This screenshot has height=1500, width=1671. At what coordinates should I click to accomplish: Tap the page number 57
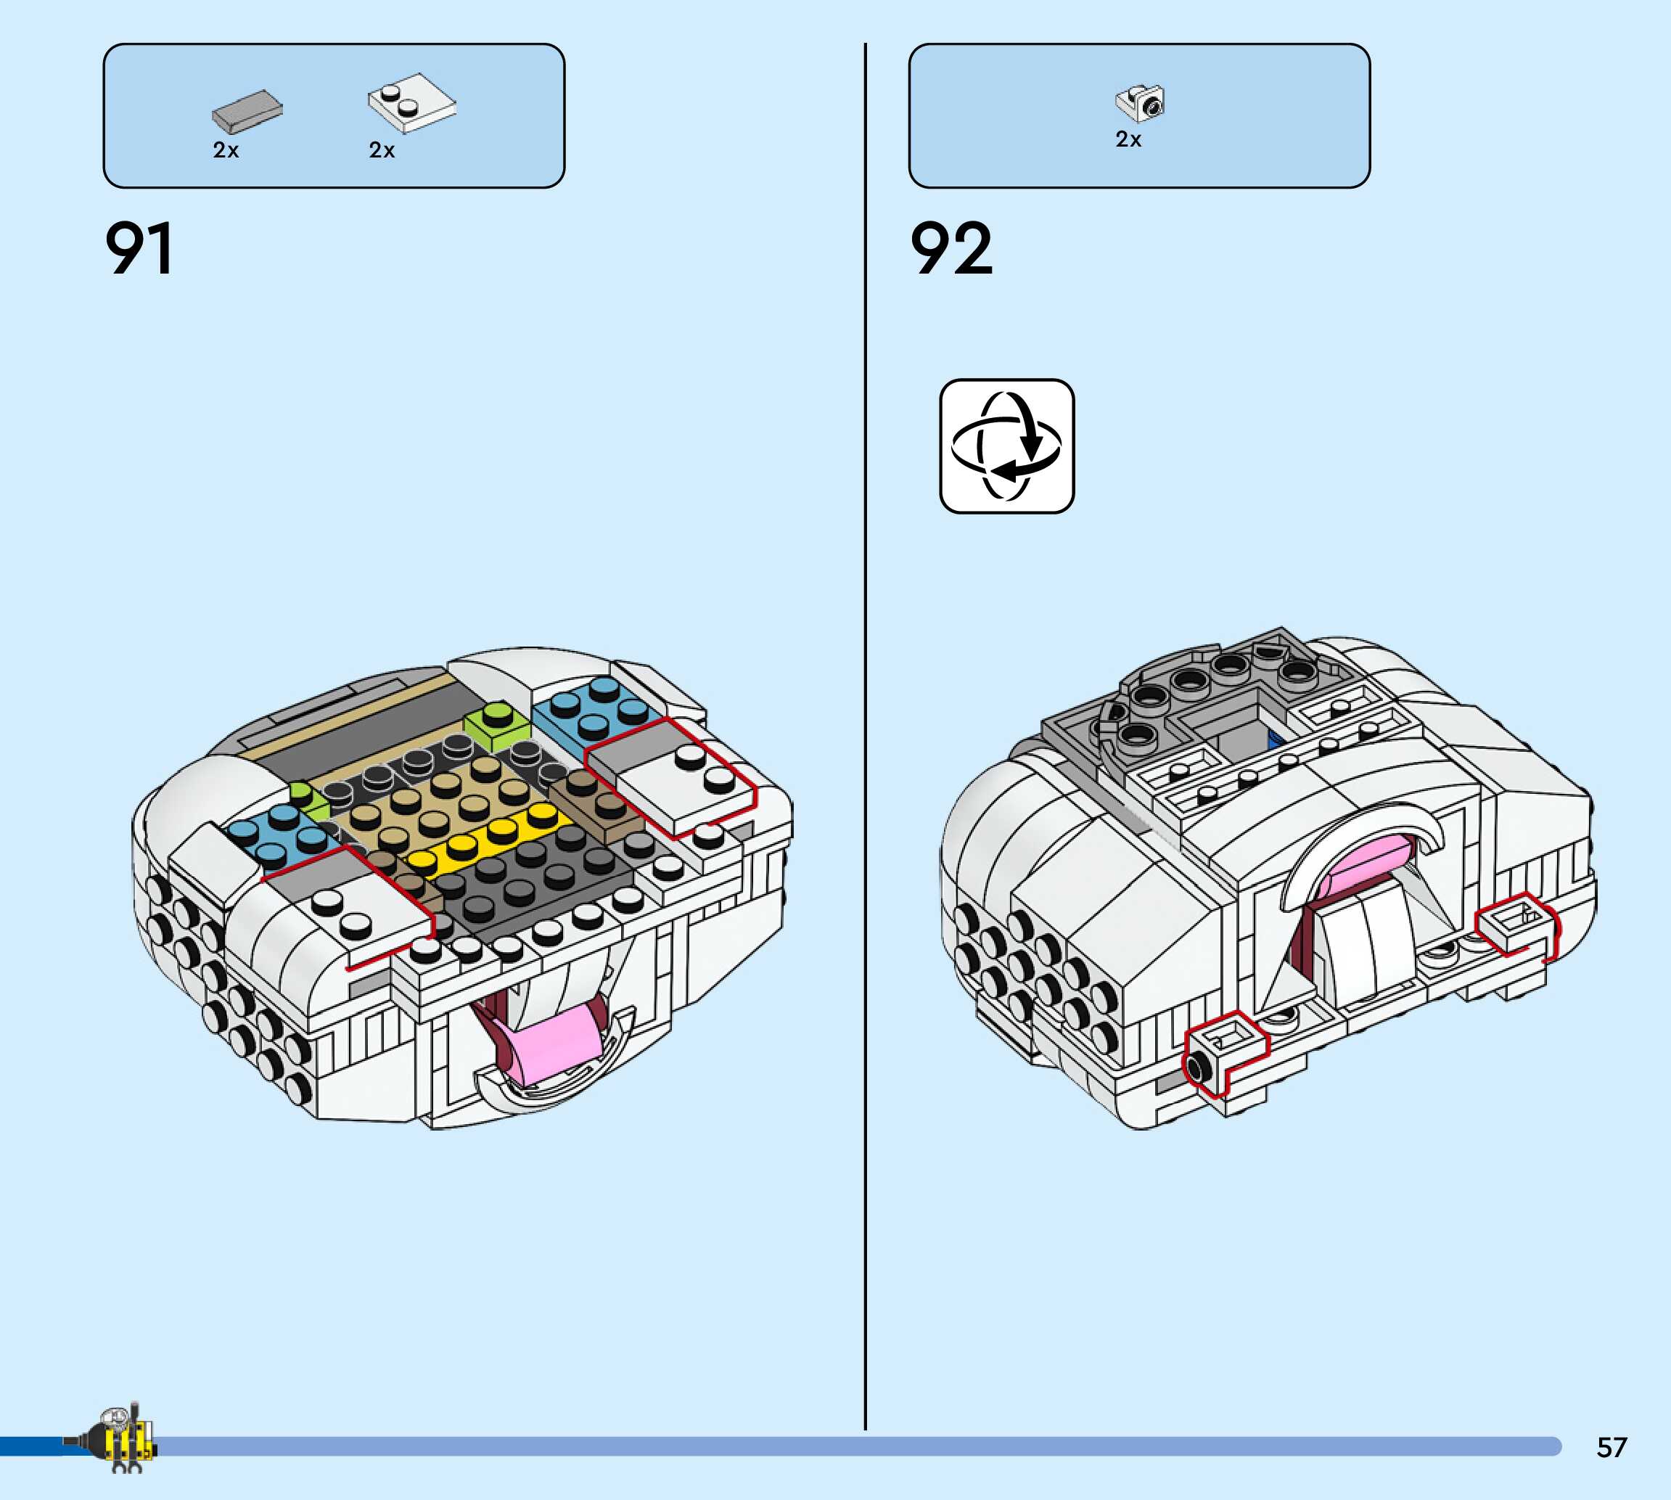point(1612,1447)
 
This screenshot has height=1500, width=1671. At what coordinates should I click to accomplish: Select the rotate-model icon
point(1007,446)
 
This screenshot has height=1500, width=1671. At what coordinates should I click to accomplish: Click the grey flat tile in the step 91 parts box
point(247,111)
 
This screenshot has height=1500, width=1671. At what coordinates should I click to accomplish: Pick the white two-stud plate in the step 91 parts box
point(411,102)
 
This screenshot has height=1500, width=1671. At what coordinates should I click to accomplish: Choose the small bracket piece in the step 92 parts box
point(1141,103)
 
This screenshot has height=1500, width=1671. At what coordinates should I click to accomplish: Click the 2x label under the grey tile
point(226,150)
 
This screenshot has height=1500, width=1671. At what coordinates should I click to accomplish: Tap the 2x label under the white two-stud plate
point(382,150)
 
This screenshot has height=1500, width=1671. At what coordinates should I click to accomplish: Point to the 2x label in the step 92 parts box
point(1128,139)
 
